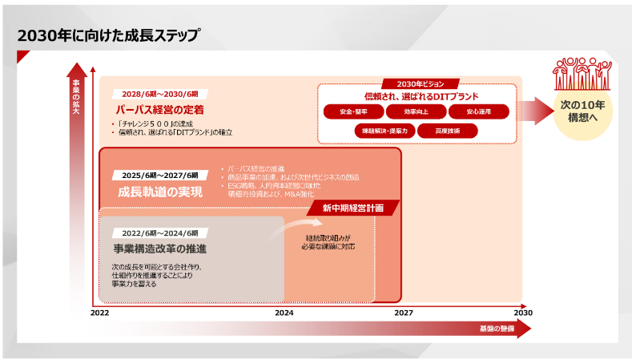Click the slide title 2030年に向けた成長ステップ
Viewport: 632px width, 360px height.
(x=108, y=36)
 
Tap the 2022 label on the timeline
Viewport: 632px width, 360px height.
(x=99, y=313)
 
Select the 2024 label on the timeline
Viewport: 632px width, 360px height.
(x=284, y=313)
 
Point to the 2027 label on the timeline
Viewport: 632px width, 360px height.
(x=404, y=313)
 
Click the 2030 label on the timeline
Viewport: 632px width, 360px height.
(x=522, y=313)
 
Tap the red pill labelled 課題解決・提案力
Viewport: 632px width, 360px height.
(x=385, y=130)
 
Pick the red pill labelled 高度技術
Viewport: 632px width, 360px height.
(x=447, y=130)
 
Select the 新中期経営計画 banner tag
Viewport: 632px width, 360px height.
(x=353, y=208)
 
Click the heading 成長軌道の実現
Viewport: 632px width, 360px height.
(x=160, y=192)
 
